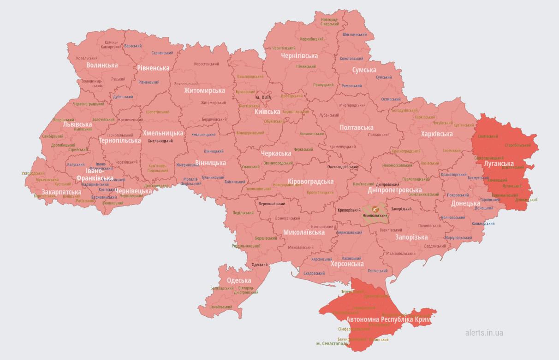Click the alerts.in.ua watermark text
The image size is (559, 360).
coord(484,332)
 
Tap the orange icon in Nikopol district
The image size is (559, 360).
coord(375,209)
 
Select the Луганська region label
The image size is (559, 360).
coord(499,164)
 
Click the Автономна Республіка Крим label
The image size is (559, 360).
coord(388,319)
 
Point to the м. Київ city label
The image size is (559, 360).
coord(263,98)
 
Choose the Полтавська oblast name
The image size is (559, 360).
coord(357,128)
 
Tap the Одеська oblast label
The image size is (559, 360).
coord(239,280)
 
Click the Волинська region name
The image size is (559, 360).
coord(102,65)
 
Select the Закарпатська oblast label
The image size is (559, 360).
coord(61,192)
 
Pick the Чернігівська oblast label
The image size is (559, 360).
coord(299,56)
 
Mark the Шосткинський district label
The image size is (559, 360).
coord(355,35)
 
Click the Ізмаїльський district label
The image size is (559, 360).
coord(221,307)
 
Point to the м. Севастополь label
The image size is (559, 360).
coord(332,344)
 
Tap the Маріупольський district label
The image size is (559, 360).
coord(458,238)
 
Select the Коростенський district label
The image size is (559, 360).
coord(206,64)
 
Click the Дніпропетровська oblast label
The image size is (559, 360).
coord(394,190)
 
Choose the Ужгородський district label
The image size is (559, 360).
coord(33,174)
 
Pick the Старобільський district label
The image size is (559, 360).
coord(518,145)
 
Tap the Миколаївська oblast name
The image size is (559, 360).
coord(303,232)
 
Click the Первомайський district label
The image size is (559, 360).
coord(272,204)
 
